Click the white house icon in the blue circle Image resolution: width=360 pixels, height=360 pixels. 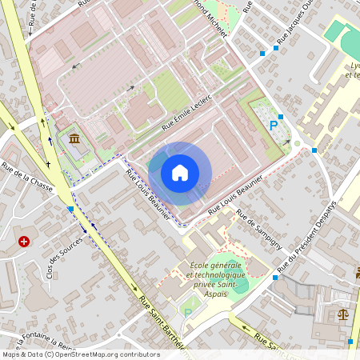click(x=180, y=173)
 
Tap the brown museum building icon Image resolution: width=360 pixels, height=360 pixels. click(x=74, y=141)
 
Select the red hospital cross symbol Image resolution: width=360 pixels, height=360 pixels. click(x=25, y=241)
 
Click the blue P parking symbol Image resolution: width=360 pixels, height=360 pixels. click(x=274, y=125)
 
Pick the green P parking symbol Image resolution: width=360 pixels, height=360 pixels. click(x=189, y=313)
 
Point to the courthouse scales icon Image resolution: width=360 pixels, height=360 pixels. click(x=344, y=315)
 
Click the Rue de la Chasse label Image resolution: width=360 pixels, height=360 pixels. click(x=27, y=177)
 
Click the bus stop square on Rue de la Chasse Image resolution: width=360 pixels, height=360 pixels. click(x=71, y=209)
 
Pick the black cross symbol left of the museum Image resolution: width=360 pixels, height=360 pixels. click(x=49, y=164)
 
